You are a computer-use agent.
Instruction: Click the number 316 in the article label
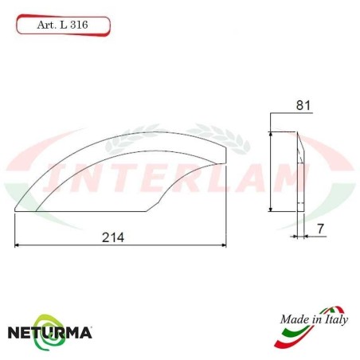pyautogui.click(x=78, y=25)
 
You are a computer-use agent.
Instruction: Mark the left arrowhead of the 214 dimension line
pyautogui.click(x=18, y=245)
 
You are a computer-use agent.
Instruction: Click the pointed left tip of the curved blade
pyautogui.click(x=17, y=210)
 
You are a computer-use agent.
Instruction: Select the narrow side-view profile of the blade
pyautogui.click(x=299, y=171)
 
